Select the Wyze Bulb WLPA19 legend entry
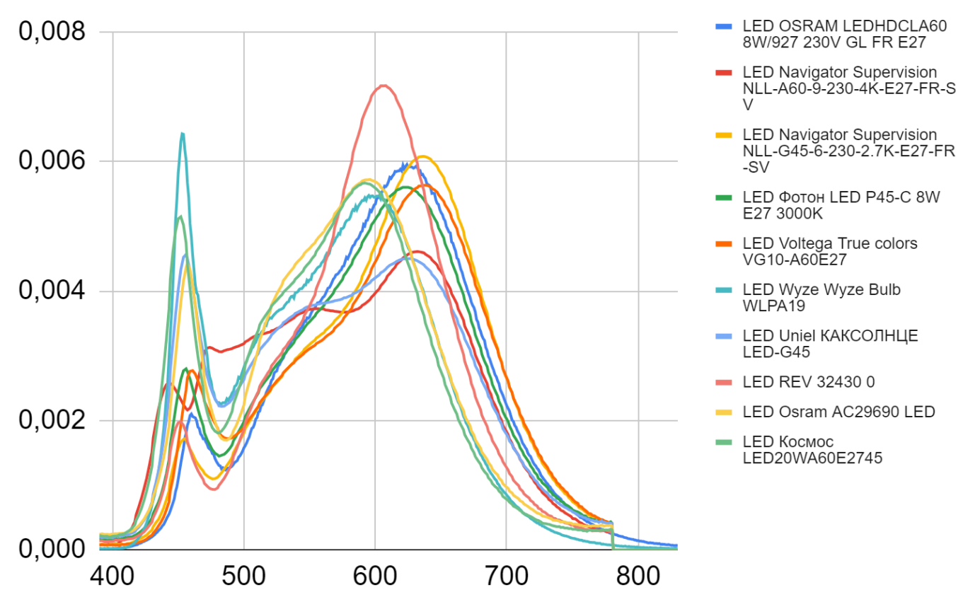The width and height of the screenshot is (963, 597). (821, 298)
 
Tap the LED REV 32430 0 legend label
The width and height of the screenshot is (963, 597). (808, 382)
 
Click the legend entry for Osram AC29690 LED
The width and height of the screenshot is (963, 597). (838, 412)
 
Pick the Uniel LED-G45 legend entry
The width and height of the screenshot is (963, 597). (830, 343)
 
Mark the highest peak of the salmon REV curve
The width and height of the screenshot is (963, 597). (383, 86)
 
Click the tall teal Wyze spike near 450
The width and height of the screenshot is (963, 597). (183, 133)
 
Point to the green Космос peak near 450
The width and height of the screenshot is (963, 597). (180, 216)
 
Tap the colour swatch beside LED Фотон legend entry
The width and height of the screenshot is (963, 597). (722, 197)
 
